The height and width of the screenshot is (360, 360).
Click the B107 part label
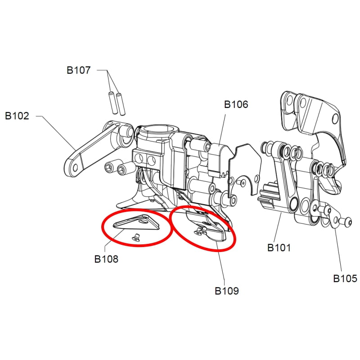[78, 70]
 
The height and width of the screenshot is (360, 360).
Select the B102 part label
[17, 116]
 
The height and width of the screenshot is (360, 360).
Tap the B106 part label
[236, 104]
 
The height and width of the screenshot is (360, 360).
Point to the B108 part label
[106, 259]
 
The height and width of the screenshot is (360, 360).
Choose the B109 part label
[227, 291]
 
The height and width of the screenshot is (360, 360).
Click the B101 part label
[279, 248]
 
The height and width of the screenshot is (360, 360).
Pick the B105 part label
[345, 279]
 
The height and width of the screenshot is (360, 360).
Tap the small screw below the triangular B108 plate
[136, 237]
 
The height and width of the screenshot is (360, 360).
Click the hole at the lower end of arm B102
[75, 168]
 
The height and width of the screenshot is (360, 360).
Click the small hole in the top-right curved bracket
[335, 119]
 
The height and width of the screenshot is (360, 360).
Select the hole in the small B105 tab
[335, 221]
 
